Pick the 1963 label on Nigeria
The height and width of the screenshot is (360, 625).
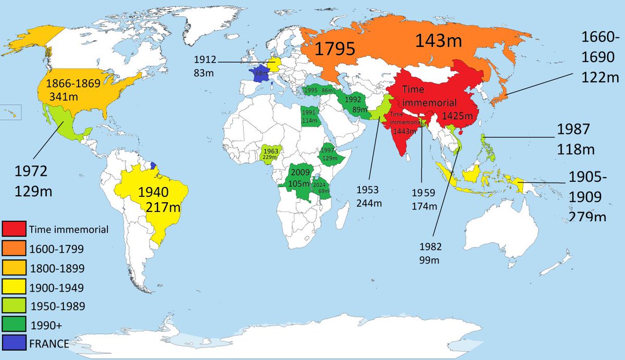pyautogui.click(x=271, y=151)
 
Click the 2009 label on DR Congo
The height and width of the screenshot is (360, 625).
pyautogui.click(x=301, y=172)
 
